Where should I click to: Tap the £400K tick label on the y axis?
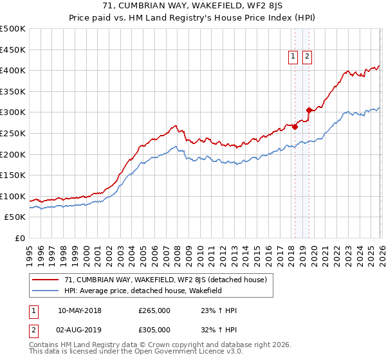coord(13,70)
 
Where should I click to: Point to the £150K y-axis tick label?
coord(13,175)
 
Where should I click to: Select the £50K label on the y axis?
coord(15,217)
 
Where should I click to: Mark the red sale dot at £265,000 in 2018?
coord(295,127)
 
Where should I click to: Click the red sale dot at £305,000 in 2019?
coord(309,110)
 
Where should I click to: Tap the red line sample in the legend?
coord(46,280)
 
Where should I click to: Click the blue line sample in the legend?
coord(46,291)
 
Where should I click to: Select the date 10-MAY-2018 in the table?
coord(80,310)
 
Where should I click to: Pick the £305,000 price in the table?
coord(154,330)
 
